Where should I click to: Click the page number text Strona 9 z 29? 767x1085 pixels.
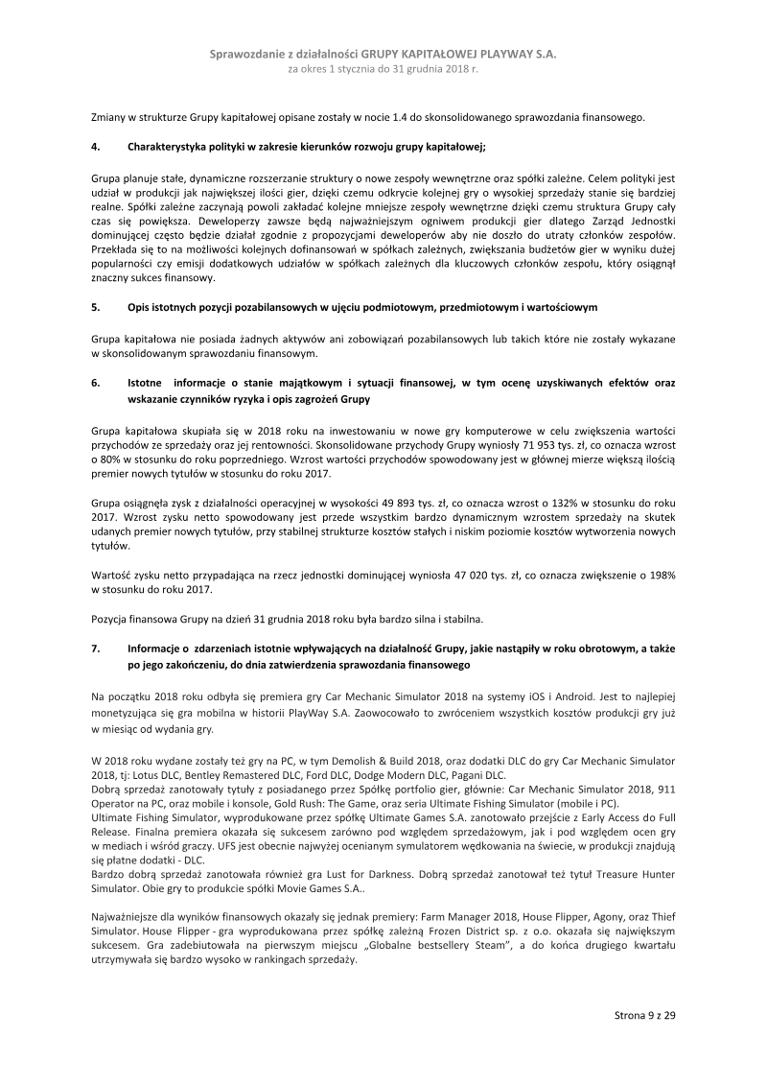645,1014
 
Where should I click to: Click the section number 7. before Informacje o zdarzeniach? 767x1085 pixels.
96,649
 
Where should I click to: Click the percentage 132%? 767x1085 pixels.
551,502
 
